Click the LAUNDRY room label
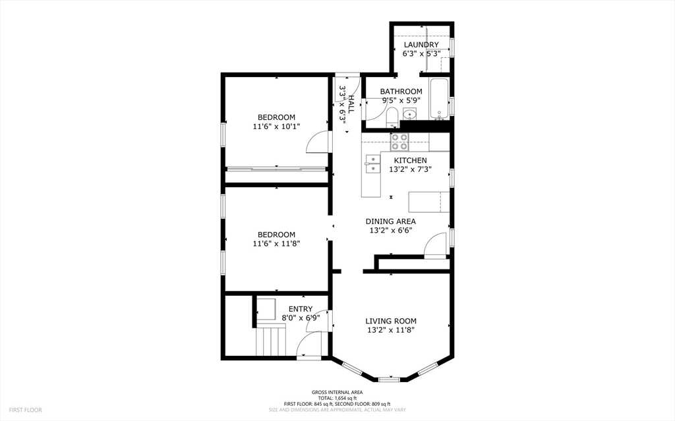pos(421,45)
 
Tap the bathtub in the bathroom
pos(439,99)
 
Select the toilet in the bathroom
pos(392,118)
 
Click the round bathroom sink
pos(409,115)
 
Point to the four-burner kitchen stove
pos(399,142)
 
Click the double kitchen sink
pos(373,164)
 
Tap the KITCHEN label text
pos(410,161)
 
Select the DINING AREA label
pos(391,221)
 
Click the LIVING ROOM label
pos(391,321)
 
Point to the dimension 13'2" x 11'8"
pos(391,330)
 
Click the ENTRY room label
pos(301,309)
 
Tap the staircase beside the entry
pos(271,340)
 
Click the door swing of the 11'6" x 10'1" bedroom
pos(317,142)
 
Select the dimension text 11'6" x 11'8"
pos(276,244)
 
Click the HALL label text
pos(351,104)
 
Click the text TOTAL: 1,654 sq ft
pos(337,398)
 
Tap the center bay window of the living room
pos(389,379)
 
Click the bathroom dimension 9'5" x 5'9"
pos(401,100)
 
